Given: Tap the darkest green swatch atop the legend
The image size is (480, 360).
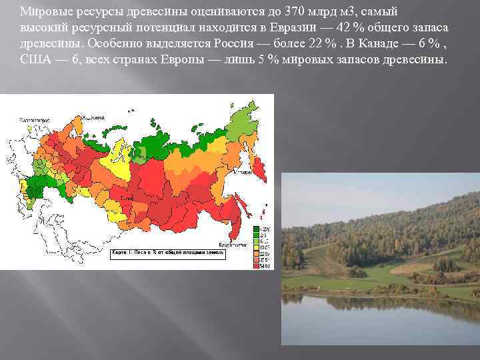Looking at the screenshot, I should click(x=256, y=229).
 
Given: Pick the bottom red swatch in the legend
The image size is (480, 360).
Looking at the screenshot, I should click(x=256, y=267).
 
